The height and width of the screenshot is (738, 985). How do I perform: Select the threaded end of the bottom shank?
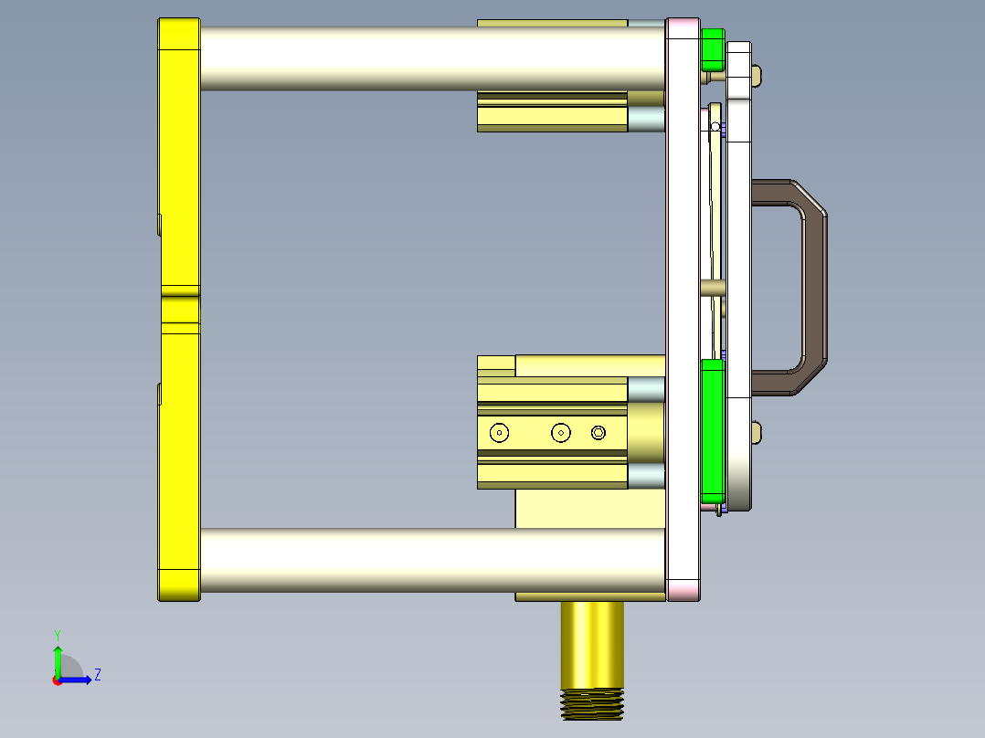[592, 702]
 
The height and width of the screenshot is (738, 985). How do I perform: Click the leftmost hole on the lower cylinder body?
[499, 433]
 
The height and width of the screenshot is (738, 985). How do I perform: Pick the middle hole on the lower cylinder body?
[561, 433]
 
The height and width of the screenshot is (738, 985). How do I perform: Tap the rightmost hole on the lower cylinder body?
[598, 433]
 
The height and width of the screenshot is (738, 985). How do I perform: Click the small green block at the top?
[712, 49]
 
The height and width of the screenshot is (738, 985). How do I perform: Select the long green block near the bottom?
[712, 429]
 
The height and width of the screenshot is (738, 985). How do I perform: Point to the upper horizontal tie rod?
[429, 58]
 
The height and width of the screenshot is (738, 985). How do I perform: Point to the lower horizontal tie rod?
[429, 559]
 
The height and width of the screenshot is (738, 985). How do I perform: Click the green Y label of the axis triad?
[57, 634]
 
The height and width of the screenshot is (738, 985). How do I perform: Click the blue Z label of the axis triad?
[97, 675]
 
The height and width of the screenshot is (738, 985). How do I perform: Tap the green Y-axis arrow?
[57, 658]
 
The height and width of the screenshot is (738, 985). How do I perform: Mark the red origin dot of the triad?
[57, 680]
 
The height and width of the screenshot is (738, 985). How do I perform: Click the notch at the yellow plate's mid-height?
[181, 293]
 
